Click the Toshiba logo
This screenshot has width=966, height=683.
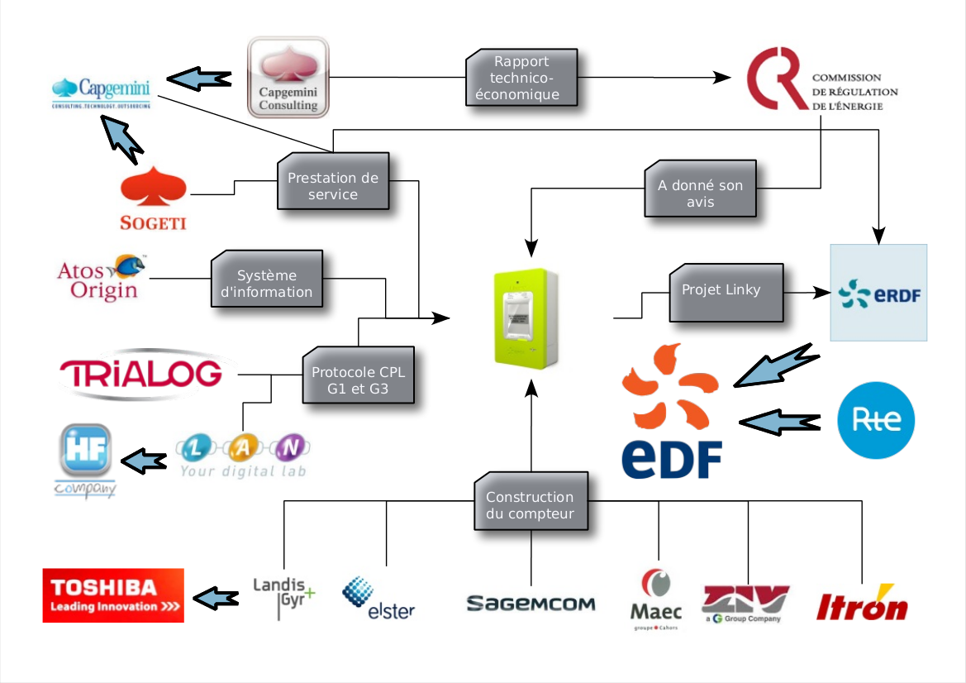coord(113,595)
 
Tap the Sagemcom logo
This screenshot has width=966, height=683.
coord(531,604)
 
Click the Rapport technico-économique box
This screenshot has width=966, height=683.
coord(521,79)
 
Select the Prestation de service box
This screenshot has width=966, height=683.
coord(332,186)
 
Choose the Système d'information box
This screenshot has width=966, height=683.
coord(267,284)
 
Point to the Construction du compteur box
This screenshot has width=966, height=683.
coord(530,505)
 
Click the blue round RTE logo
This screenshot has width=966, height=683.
coord(875,421)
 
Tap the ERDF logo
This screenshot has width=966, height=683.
coord(878,293)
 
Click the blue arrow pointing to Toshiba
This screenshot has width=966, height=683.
coord(217,596)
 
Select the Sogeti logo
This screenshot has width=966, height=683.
coord(153,198)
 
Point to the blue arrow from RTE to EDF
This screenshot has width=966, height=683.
coord(781,422)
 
